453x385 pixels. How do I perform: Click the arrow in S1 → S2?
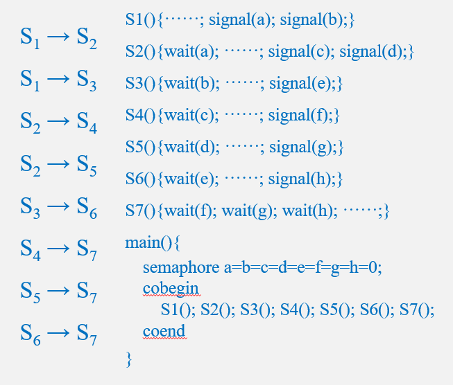(x=58, y=39)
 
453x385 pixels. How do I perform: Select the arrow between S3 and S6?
(x=58, y=206)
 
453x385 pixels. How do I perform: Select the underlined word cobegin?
(x=171, y=288)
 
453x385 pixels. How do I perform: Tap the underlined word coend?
(x=164, y=331)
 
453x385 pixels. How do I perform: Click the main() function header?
(x=152, y=243)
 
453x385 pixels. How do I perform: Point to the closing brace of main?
(x=128, y=358)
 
